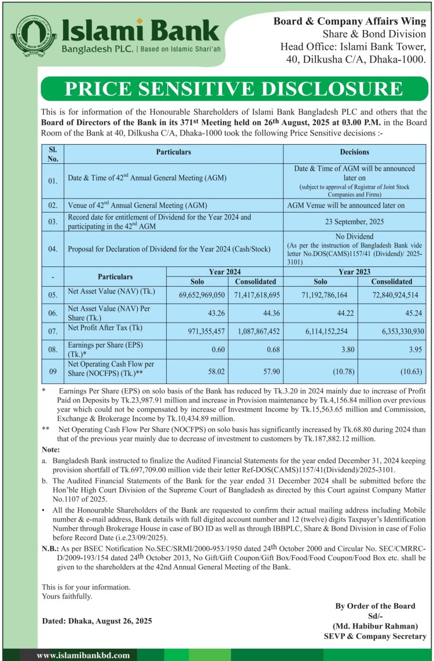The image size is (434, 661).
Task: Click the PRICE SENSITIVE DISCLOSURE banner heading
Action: click(x=234, y=89)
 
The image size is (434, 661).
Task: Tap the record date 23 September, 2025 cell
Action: click(x=355, y=221)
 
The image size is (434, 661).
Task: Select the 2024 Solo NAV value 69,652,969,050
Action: click(x=194, y=295)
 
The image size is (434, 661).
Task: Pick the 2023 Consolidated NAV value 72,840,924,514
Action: click(x=391, y=295)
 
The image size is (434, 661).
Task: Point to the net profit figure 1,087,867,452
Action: click(x=255, y=331)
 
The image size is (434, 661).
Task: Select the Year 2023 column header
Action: click(x=355, y=271)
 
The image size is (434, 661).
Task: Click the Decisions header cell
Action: click(x=355, y=152)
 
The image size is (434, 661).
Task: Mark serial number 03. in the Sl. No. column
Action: click(x=53, y=221)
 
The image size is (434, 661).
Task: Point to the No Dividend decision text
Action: click(x=355, y=236)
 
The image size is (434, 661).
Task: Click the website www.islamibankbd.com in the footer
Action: click(x=83, y=655)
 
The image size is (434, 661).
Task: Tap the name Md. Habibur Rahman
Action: click(x=375, y=626)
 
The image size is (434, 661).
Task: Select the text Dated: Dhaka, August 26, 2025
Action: click(x=97, y=620)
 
